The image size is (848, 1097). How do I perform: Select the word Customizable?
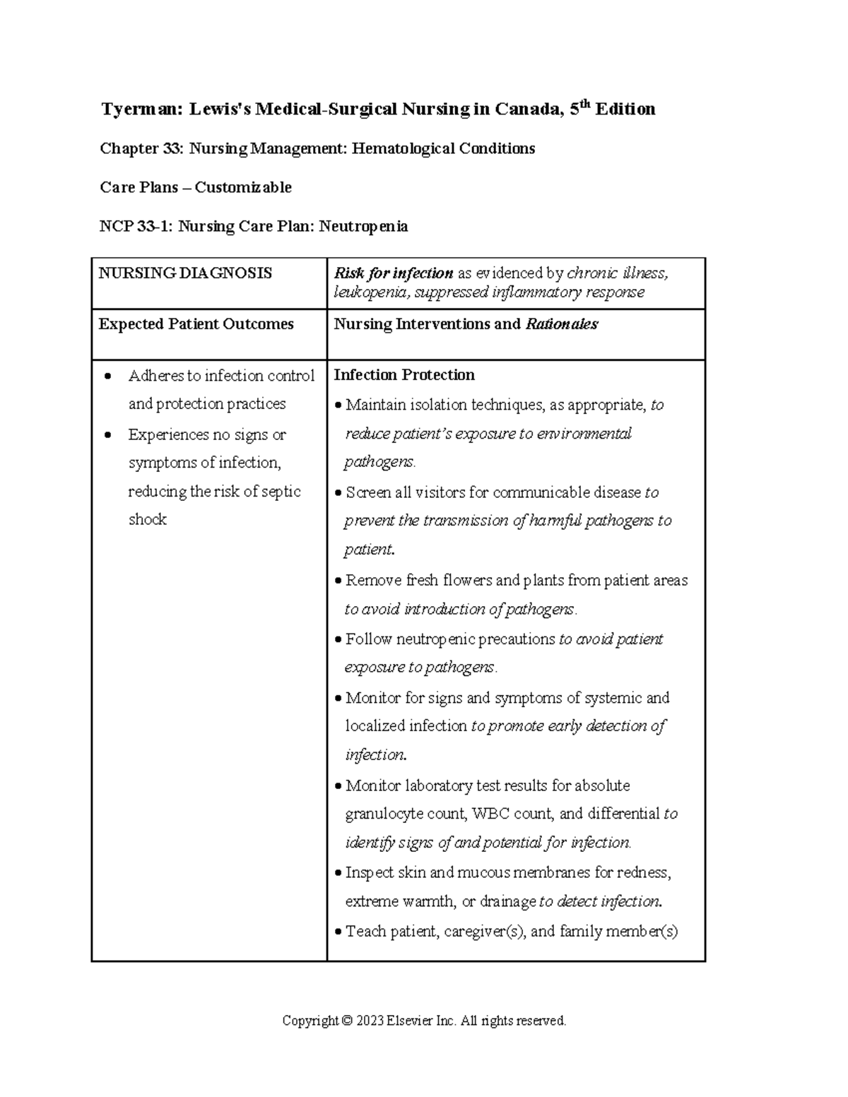[x=243, y=187]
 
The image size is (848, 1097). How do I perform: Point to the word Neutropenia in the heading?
[x=363, y=226]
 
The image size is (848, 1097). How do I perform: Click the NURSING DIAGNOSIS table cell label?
[x=185, y=273]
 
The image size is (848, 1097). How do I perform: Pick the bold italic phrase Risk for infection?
[x=394, y=273]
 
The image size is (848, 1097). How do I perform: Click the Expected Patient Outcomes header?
[x=196, y=324]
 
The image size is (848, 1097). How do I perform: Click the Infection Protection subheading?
[x=404, y=375]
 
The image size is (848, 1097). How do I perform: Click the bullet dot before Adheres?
[x=107, y=376]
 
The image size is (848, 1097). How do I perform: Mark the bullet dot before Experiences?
[x=107, y=435]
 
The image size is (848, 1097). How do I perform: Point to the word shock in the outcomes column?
[x=147, y=519]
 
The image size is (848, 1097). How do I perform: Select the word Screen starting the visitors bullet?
[x=368, y=492]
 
